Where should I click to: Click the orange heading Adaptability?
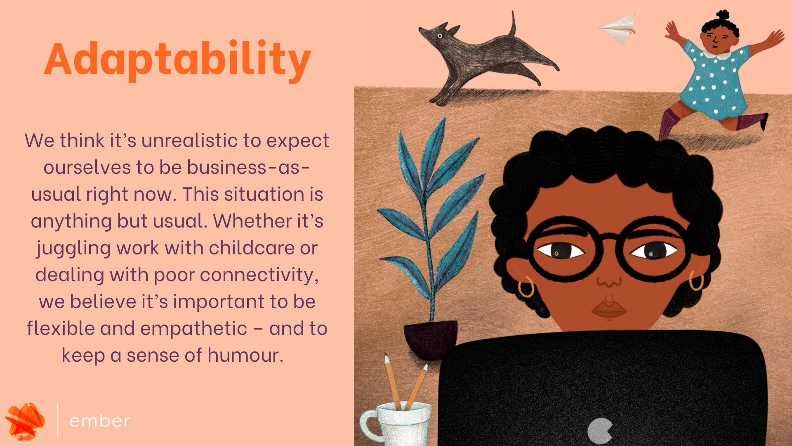(177, 60)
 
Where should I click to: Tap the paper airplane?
(619, 28)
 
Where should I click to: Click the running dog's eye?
(440, 36)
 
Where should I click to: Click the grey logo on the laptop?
(600, 431)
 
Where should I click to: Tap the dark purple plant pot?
(431, 338)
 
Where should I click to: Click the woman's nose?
(609, 281)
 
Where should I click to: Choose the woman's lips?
(609, 310)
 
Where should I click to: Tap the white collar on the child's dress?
(719, 53)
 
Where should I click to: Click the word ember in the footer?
(99, 421)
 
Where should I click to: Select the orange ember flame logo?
(26, 421)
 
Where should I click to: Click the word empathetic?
(193, 329)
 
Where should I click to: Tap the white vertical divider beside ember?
(57, 421)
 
